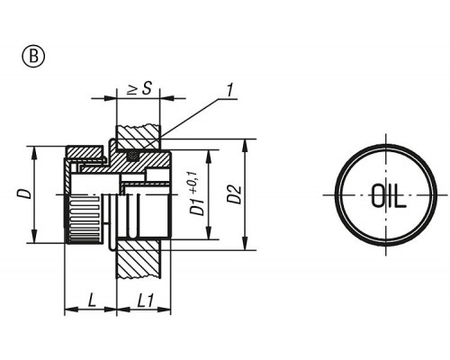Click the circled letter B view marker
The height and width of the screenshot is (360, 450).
point(33,57)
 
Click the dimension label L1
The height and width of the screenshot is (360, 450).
point(146,301)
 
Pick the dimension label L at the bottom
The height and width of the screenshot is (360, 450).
point(92,300)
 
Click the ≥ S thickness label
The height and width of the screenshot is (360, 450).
point(139,89)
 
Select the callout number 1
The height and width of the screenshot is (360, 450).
point(229,90)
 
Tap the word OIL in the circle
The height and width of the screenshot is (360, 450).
point(389,195)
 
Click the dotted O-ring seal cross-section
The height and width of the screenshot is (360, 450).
point(133,156)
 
